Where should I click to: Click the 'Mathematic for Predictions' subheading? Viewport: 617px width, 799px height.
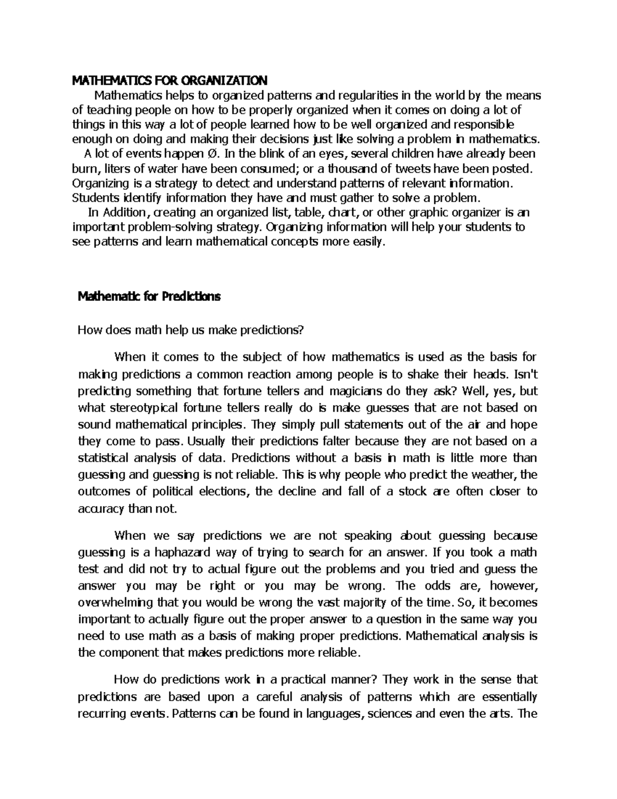[x=149, y=297]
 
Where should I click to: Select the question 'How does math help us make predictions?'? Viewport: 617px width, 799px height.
[x=191, y=330]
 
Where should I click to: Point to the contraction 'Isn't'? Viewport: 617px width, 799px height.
[x=525, y=375]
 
